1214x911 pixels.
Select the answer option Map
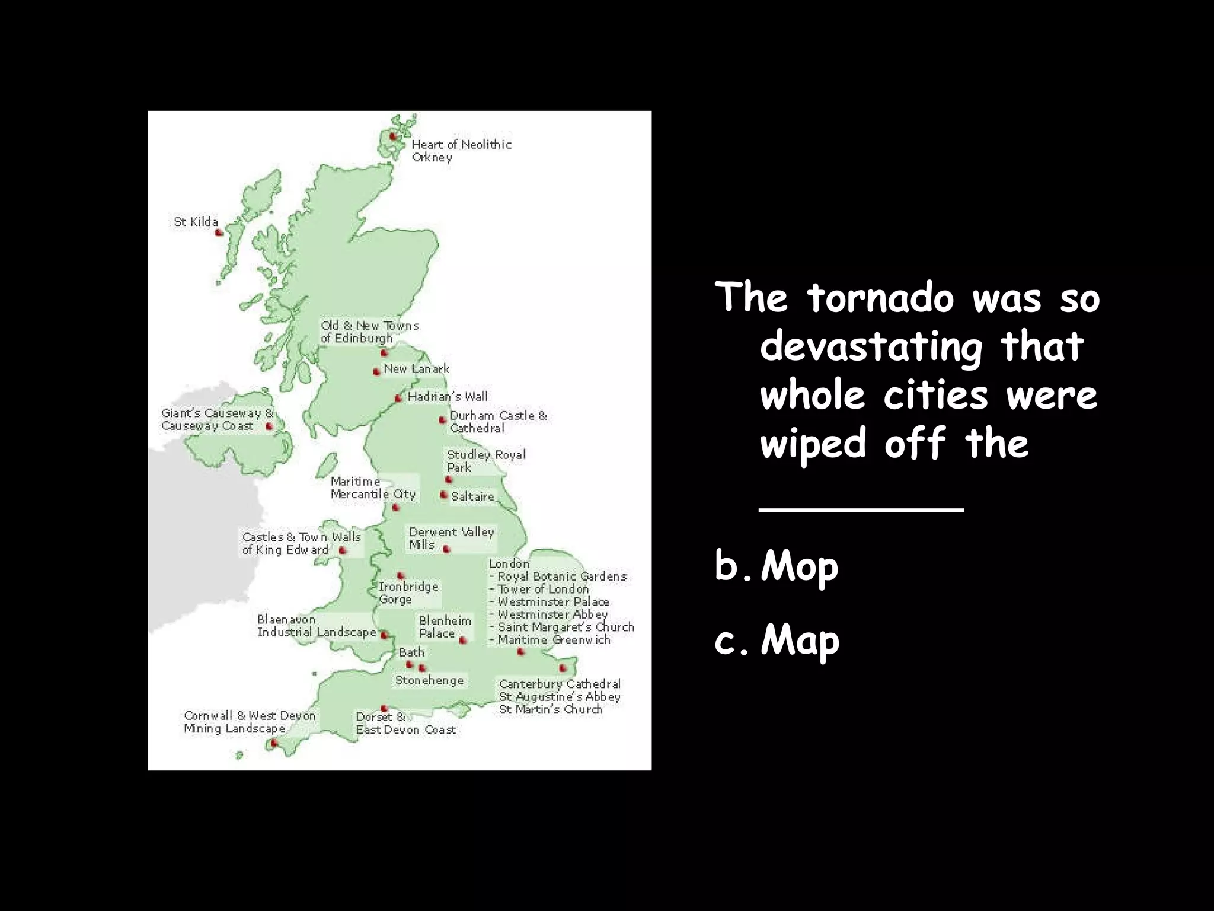pyautogui.click(x=800, y=641)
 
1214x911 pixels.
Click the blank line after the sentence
pyautogui.click(x=861, y=509)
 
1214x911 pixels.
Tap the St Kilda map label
pyautogui.click(x=196, y=222)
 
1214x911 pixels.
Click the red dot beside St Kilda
pyautogui.click(x=218, y=233)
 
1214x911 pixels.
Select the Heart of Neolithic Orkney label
pyautogui.click(x=461, y=151)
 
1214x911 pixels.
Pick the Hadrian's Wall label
pyautogui.click(x=448, y=396)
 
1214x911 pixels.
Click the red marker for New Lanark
pyautogui.click(x=376, y=372)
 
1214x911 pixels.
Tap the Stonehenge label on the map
pyautogui.click(x=429, y=680)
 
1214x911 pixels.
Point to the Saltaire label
pyautogui.click(x=472, y=496)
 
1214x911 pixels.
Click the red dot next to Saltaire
pyautogui.click(x=443, y=495)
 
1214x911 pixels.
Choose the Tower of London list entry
pyautogui.click(x=542, y=589)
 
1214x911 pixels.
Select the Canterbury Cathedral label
pyautogui.click(x=560, y=684)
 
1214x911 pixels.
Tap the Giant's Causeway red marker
pyautogui.click(x=269, y=426)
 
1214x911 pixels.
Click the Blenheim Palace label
pyautogui.click(x=445, y=627)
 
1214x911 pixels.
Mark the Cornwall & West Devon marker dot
pyautogui.click(x=274, y=743)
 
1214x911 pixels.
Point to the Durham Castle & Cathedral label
pyautogui.click(x=497, y=422)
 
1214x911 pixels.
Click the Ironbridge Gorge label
pyautogui.click(x=408, y=593)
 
